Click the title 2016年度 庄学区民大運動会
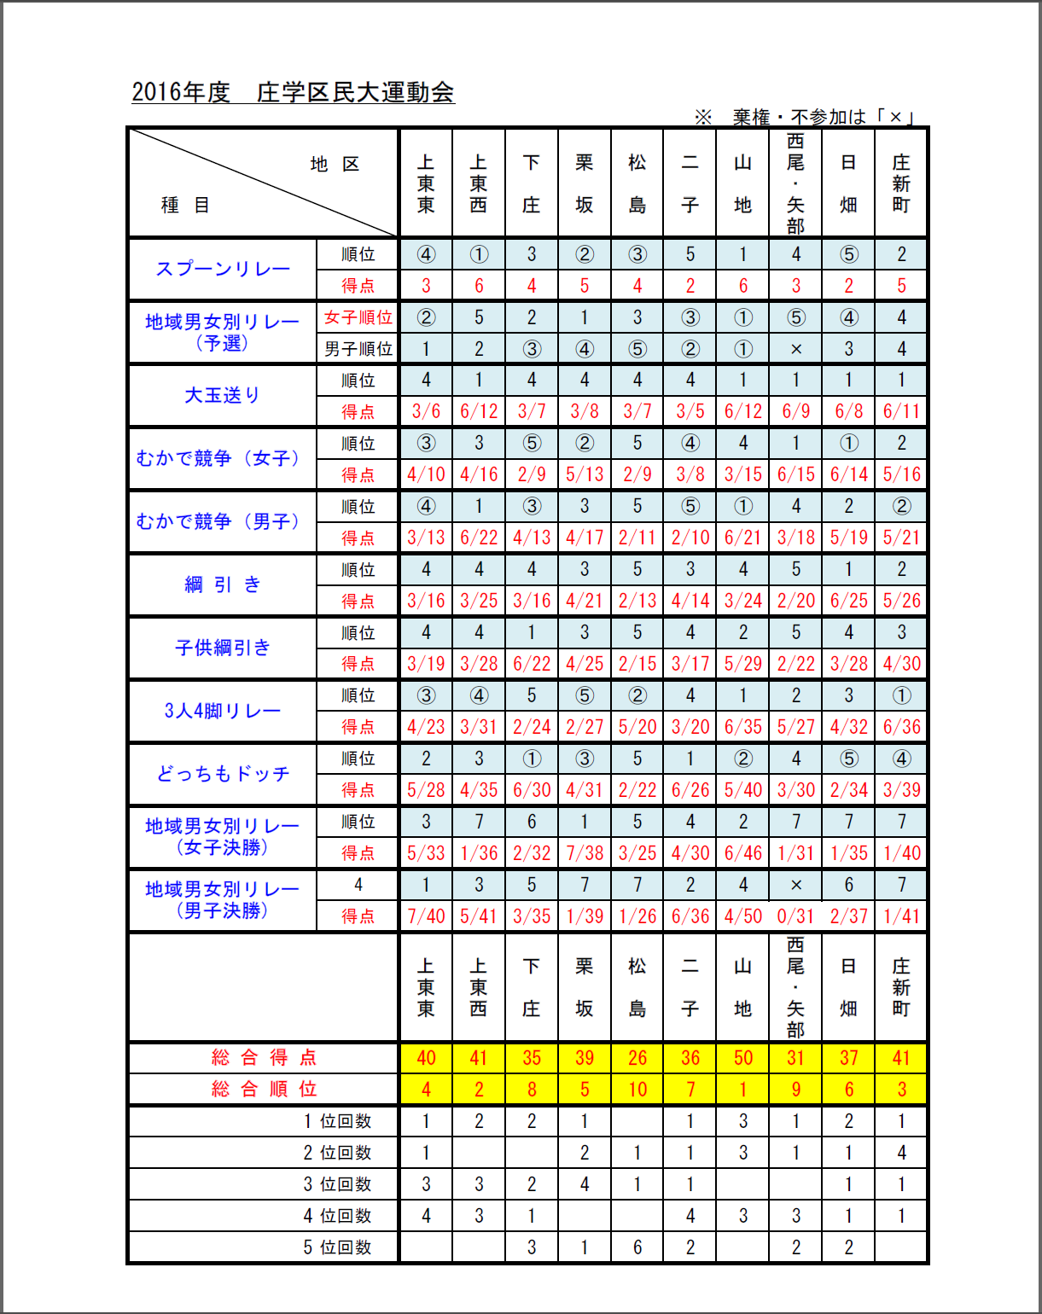point(293,92)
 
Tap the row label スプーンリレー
point(223,269)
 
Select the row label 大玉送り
point(222,395)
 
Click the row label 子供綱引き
point(222,648)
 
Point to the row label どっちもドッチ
point(223,774)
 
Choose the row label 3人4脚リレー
point(222,711)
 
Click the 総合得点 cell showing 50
point(742,1058)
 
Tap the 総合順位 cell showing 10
point(637,1090)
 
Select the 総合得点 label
point(264,1058)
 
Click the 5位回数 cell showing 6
point(637,1247)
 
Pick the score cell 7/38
point(584,853)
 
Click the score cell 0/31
point(795,916)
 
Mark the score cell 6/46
point(742,853)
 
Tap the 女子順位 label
point(358,317)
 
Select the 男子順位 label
point(358,349)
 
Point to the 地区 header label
point(335,164)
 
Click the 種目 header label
point(185,205)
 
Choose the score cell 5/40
point(742,790)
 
